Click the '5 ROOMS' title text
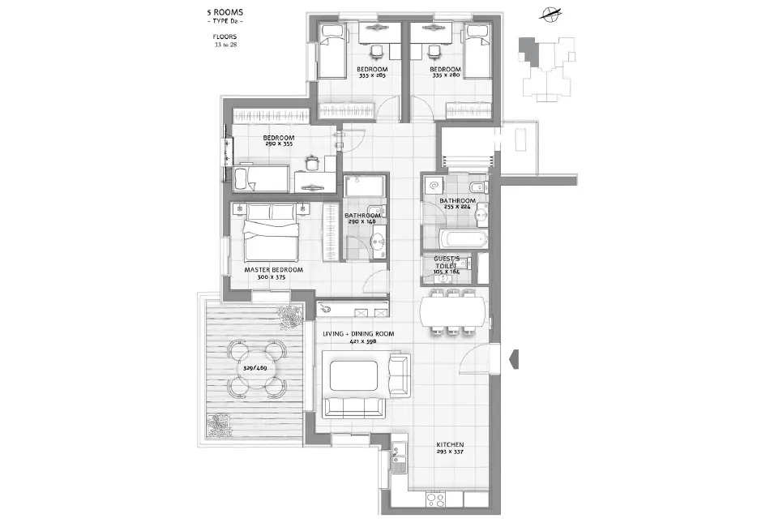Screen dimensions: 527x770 (x=225, y=13)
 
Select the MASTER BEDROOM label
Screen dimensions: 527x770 (x=273, y=269)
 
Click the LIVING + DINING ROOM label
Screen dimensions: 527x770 (x=358, y=334)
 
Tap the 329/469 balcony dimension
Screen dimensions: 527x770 (x=254, y=368)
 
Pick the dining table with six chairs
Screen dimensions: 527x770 (x=453, y=311)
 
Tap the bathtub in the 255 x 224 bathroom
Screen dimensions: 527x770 (x=463, y=240)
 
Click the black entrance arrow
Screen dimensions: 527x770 (x=512, y=358)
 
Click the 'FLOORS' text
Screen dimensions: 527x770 (x=225, y=37)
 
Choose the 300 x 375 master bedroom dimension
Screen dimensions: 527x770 (x=273, y=277)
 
